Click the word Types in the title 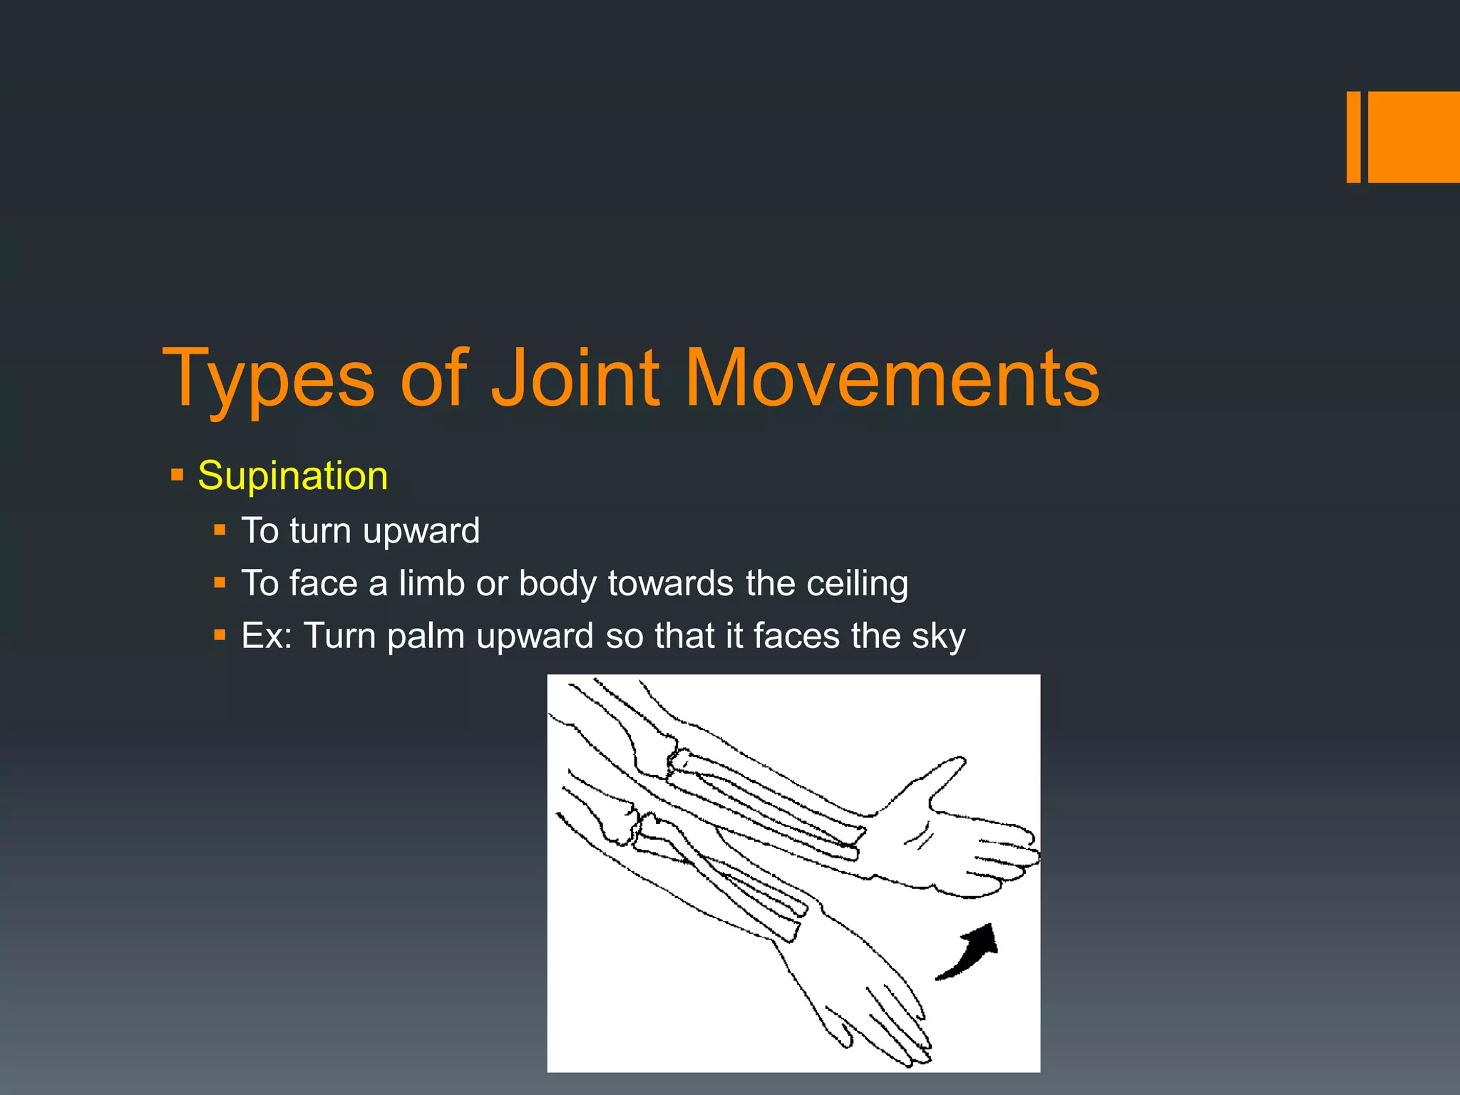pyautogui.click(x=268, y=380)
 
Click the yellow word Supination pyautogui.click(x=292, y=475)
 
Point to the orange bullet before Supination pyautogui.click(x=178, y=474)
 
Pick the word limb pyautogui.click(x=431, y=583)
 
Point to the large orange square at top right pyautogui.click(x=1414, y=137)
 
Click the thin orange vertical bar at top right pyautogui.click(x=1353, y=137)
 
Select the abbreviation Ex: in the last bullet pyautogui.click(x=267, y=636)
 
